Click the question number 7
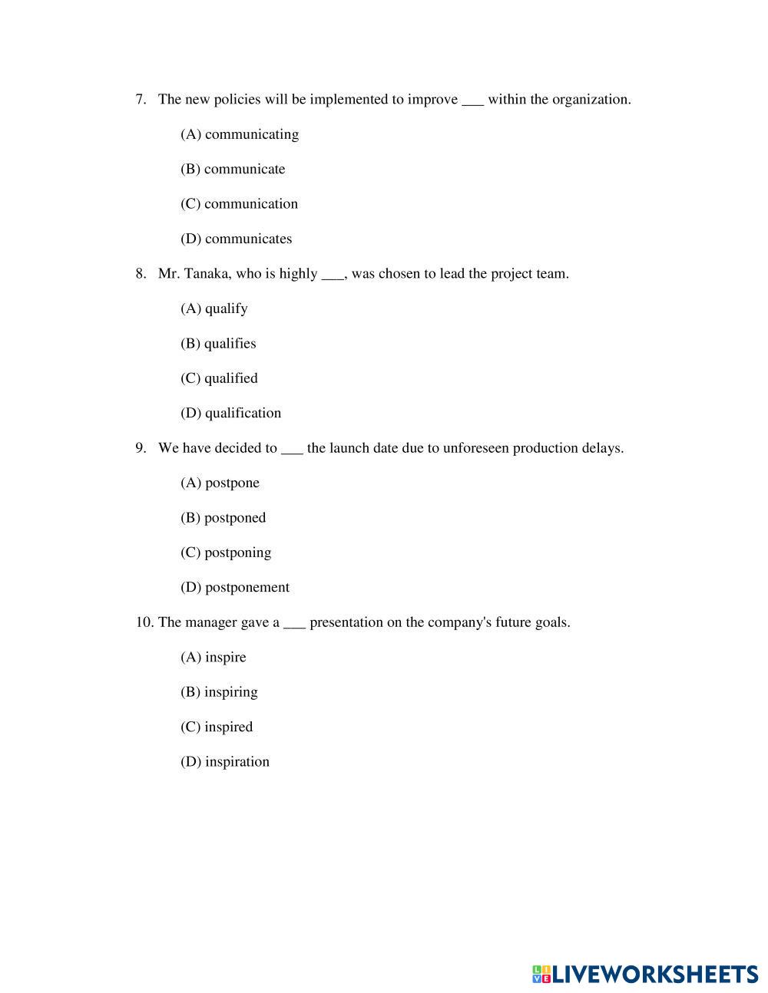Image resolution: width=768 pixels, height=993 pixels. click(x=141, y=99)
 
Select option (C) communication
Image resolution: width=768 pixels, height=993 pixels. click(x=239, y=203)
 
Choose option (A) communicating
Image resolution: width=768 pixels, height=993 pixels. click(x=240, y=134)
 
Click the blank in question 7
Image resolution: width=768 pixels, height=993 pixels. click(x=472, y=101)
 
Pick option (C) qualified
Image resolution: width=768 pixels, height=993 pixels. click(x=219, y=378)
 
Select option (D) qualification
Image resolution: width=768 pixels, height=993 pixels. click(x=230, y=413)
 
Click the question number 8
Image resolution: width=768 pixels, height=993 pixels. click(x=141, y=273)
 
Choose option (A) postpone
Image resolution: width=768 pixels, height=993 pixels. click(x=220, y=483)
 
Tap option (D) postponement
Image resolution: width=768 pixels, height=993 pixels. click(x=235, y=587)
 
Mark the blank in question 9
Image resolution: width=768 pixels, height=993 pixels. click(x=292, y=449)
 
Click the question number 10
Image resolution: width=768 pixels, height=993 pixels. click(x=144, y=622)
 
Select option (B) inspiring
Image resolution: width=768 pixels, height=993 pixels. click(x=219, y=692)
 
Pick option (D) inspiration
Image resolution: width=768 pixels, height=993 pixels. click(x=225, y=762)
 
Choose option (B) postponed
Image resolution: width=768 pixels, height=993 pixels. click(x=223, y=517)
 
